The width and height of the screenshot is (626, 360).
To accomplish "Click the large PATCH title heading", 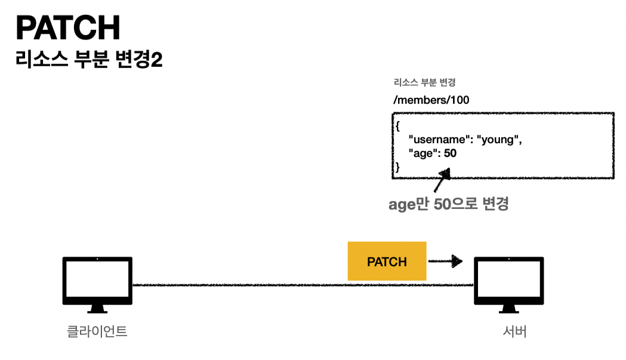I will pyautogui.click(x=68, y=28).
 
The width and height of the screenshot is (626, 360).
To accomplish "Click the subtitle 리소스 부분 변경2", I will pyautogui.click(x=89, y=60).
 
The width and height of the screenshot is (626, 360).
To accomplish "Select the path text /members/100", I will pyautogui.click(x=431, y=100).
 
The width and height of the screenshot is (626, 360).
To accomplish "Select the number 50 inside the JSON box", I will pyautogui.click(x=450, y=153).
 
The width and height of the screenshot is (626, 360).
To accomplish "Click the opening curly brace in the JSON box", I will pyautogui.click(x=396, y=126).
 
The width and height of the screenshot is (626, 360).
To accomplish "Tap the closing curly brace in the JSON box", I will pyautogui.click(x=396, y=168).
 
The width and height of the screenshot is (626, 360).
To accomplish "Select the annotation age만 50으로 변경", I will pyautogui.click(x=448, y=204).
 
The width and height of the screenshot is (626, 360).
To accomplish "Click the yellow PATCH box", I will pyautogui.click(x=387, y=261).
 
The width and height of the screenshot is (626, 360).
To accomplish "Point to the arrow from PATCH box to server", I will pyautogui.click(x=446, y=261).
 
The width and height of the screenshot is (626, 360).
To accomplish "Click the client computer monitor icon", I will pyautogui.click(x=97, y=281).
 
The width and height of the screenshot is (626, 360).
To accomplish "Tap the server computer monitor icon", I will pyautogui.click(x=508, y=281).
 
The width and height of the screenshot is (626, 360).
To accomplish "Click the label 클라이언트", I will pyautogui.click(x=97, y=331).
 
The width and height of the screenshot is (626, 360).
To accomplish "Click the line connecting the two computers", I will pyautogui.click(x=298, y=285).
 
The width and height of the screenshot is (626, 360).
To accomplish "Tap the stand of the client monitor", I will pyautogui.click(x=97, y=309).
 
